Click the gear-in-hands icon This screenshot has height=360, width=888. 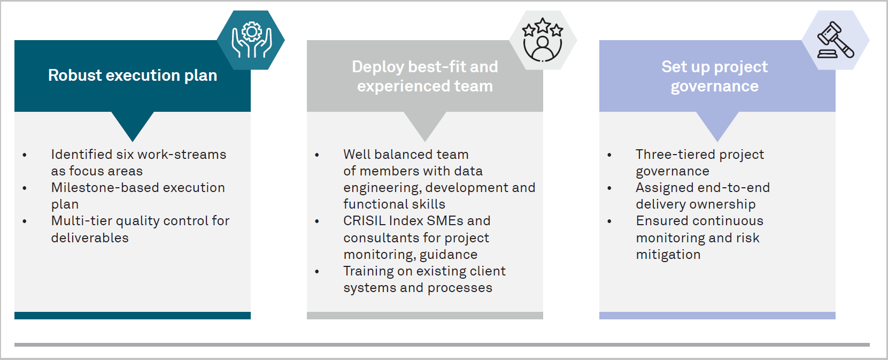point(252,40)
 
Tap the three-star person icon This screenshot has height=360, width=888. point(542,40)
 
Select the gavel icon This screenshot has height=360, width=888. point(835,40)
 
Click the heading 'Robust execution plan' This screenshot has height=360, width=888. point(133,75)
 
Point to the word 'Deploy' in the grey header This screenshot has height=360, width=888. point(378,67)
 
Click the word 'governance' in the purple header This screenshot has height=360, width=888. point(714,87)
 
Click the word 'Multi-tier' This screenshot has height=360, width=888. point(81,220)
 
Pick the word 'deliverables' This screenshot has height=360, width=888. point(90,238)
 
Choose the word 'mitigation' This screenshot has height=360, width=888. point(668,254)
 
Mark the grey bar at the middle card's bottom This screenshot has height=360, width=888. point(425,316)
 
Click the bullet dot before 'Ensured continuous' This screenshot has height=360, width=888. point(609,221)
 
